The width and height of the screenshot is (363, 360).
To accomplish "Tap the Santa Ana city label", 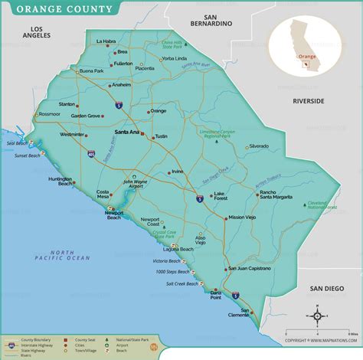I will [x=126, y=132].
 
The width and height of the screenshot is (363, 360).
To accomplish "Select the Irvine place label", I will [x=178, y=172].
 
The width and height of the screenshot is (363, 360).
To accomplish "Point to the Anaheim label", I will [x=122, y=85].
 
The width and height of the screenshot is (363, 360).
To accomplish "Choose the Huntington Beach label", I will [x=60, y=181].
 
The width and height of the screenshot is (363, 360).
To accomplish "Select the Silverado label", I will [x=258, y=146].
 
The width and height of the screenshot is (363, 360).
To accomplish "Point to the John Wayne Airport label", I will [x=136, y=184].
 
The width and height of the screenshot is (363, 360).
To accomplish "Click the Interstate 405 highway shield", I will [x=90, y=154].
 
